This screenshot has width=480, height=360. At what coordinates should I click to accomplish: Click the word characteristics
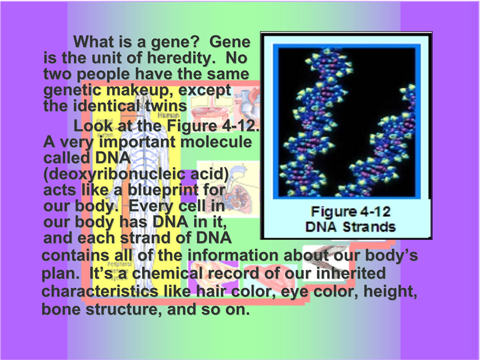pyautogui.click(x=100, y=291)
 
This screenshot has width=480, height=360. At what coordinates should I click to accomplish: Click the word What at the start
pyautogui.click(x=94, y=41)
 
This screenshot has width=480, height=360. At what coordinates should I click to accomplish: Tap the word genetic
pyautogui.click(x=72, y=91)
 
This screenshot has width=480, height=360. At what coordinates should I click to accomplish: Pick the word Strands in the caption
pyautogui.click(x=369, y=227)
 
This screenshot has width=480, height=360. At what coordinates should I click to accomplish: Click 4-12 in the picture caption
pyautogui.click(x=375, y=212)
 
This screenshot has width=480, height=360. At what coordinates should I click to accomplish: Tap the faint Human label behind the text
pyautogui.click(x=169, y=115)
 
